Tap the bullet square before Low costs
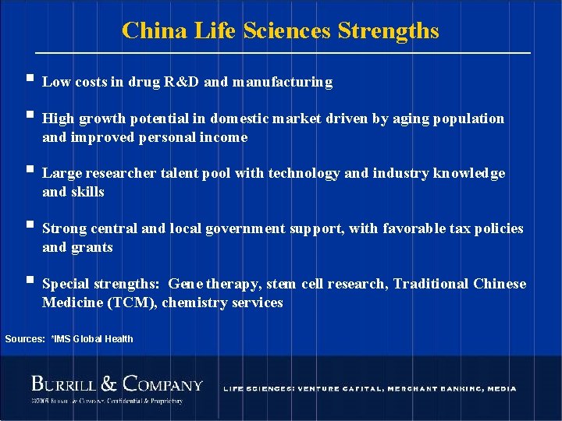28,79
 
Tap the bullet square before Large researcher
28,170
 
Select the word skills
87,192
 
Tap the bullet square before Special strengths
28,281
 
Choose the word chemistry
193,302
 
